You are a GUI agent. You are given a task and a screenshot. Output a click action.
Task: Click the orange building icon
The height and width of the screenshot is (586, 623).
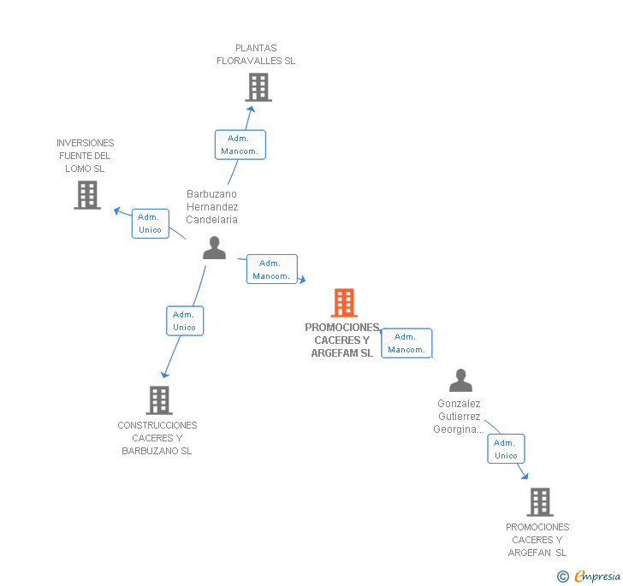click(x=344, y=302)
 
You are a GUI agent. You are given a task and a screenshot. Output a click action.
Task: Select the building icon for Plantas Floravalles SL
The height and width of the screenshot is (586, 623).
click(x=258, y=87)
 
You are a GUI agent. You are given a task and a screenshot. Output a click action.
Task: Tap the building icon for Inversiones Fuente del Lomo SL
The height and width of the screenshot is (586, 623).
click(x=87, y=195)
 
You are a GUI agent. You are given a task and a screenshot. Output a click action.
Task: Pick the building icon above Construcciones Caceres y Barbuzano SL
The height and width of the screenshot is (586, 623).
click(x=159, y=400)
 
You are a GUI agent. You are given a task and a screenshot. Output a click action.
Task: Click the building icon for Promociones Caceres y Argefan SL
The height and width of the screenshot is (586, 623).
click(x=540, y=502)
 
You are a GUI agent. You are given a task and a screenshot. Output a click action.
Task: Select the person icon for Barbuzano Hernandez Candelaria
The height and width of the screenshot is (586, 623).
click(x=214, y=248)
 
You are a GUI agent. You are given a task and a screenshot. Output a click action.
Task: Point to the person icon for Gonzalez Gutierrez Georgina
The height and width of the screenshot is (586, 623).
click(x=460, y=380)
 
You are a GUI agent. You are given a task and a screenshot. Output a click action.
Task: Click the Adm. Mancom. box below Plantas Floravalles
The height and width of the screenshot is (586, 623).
click(x=240, y=145)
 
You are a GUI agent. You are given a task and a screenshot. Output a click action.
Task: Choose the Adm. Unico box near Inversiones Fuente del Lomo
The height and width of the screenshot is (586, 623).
click(x=151, y=223)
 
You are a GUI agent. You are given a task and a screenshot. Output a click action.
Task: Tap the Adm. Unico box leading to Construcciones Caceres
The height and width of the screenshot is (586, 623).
click(x=185, y=321)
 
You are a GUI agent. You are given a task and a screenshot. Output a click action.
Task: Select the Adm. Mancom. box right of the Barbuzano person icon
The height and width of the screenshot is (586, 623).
click(x=272, y=269)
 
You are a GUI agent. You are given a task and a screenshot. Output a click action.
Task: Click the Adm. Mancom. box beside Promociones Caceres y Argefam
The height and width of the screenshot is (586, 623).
click(x=406, y=343)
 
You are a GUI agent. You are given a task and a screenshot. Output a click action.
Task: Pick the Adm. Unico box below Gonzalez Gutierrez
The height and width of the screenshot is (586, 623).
click(x=506, y=448)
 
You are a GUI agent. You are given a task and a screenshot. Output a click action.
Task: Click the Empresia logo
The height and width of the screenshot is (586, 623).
click(x=597, y=576)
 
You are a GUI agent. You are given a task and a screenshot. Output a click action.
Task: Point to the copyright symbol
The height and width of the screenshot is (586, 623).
click(x=562, y=576)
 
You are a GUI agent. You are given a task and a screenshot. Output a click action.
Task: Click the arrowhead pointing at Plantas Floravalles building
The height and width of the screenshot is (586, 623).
click(x=251, y=109)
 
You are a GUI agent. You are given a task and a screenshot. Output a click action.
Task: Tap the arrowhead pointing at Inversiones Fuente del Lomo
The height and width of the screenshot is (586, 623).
click(x=117, y=211)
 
